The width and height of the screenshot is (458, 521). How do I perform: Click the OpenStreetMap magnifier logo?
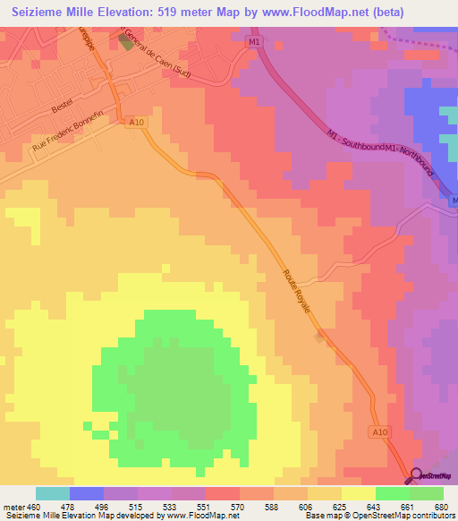[x=417, y=475]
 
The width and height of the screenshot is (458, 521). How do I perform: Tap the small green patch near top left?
[x=123, y=42]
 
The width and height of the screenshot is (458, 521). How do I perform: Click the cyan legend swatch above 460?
[x=53, y=493]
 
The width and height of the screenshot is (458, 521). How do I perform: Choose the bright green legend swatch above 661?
[x=392, y=493]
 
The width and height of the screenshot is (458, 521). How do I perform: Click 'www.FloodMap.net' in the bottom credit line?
[x=191, y=516]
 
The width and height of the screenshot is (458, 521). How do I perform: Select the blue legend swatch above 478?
[x=87, y=493]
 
